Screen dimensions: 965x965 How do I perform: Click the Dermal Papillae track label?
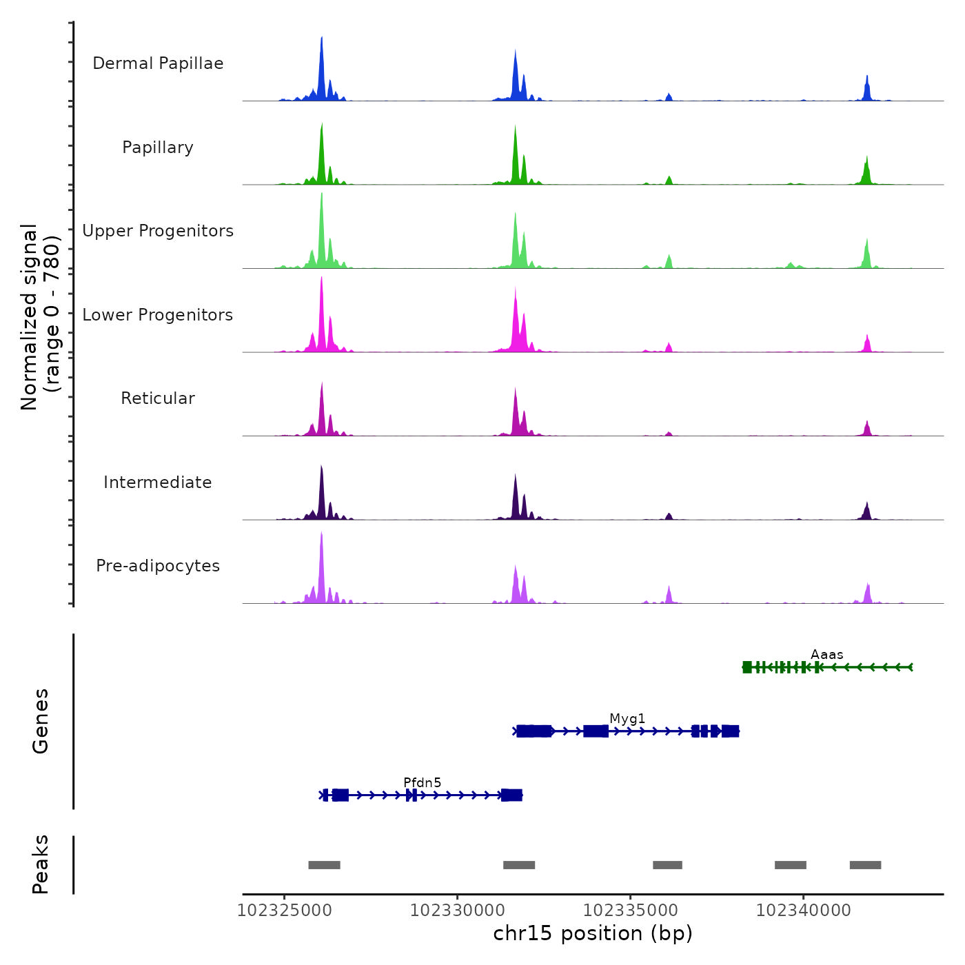click(x=158, y=63)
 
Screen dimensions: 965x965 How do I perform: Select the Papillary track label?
click(x=158, y=148)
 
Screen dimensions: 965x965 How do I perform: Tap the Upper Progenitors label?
click(x=158, y=231)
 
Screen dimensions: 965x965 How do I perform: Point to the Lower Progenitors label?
click(x=158, y=315)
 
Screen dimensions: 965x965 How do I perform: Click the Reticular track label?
click(x=158, y=398)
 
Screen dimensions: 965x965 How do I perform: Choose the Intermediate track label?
click(x=158, y=482)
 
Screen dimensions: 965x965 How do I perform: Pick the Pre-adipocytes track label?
click(x=158, y=566)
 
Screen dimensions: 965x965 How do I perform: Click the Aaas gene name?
click(x=826, y=655)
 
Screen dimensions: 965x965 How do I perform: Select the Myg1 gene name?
click(x=627, y=719)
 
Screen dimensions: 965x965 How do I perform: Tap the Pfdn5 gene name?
click(x=422, y=782)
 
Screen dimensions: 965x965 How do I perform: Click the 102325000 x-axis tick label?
click(x=284, y=911)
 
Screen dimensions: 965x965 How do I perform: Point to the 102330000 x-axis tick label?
click(x=457, y=911)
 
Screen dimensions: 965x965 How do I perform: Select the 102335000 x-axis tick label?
click(x=630, y=911)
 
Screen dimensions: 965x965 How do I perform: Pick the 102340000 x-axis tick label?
click(x=803, y=911)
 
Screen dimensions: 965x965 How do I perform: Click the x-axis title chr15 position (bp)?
click(x=593, y=933)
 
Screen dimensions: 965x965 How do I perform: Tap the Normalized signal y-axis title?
click(x=40, y=317)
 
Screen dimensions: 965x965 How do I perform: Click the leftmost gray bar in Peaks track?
click(x=324, y=865)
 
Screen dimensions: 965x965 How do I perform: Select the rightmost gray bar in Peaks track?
click(x=865, y=865)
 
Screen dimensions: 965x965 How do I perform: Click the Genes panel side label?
click(x=41, y=721)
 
